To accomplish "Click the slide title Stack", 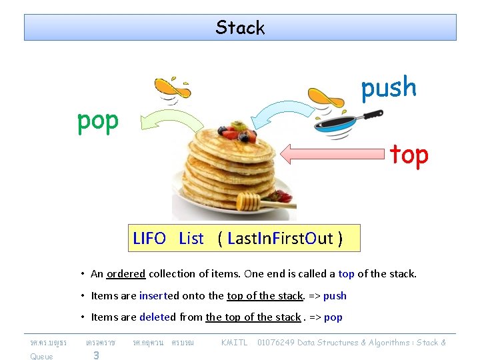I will pyautogui.click(x=240, y=28).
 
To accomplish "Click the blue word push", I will pyautogui.click(x=389, y=88).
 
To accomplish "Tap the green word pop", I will pyautogui.click(x=98, y=121).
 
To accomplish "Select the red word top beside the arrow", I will pyautogui.click(x=409, y=155).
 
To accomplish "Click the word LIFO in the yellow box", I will pyautogui.click(x=149, y=239).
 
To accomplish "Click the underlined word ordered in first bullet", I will pyautogui.click(x=126, y=274).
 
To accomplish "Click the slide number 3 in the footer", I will pyautogui.click(x=96, y=355).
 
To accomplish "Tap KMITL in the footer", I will pyautogui.click(x=234, y=343).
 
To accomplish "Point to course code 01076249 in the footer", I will pyautogui.click(x=276, y=343).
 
